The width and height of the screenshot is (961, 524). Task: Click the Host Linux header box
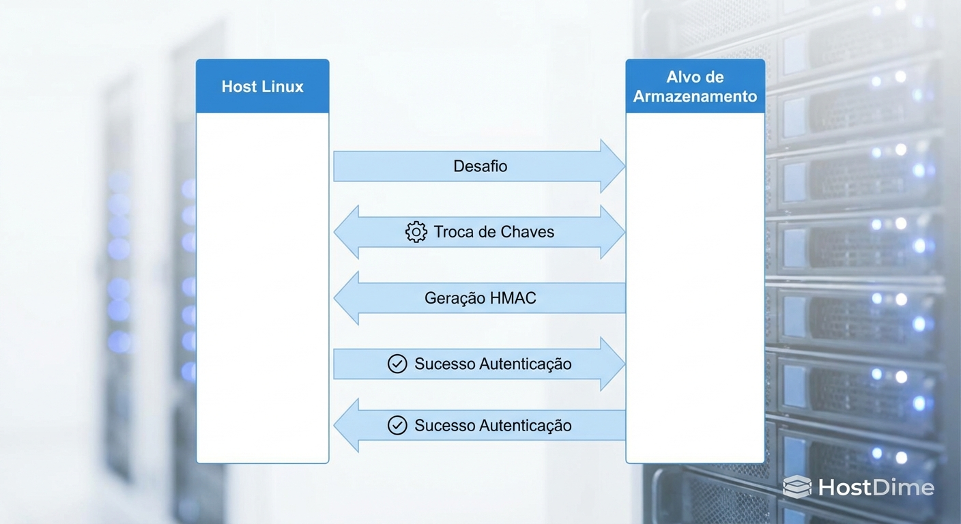coord(263,86)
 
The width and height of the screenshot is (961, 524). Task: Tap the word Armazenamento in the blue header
coord(695,96)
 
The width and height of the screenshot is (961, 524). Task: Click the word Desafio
coord(480,166)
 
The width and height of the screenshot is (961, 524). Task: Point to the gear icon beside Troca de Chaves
coord(416,232)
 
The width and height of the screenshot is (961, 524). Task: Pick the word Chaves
coord(526,232)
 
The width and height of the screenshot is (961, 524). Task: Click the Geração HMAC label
coord(480,298)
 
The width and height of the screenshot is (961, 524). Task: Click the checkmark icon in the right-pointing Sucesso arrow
coord(397,364)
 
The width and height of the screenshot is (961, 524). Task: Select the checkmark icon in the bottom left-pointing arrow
coord(397,426)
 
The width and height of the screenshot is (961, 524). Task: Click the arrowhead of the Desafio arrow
coord(612,166)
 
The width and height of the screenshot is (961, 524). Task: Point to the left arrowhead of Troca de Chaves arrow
coord(346,232)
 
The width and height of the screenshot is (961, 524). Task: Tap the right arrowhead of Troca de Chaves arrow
coord(612,232)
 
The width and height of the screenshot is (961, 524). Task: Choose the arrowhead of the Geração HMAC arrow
coord(346,298)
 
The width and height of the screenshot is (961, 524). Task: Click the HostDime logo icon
coord(797,486)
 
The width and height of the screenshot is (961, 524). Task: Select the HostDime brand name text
coord(876,487)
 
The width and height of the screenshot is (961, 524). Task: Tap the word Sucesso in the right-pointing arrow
coord(444,364)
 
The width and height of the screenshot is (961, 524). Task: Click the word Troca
coord(453,232)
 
